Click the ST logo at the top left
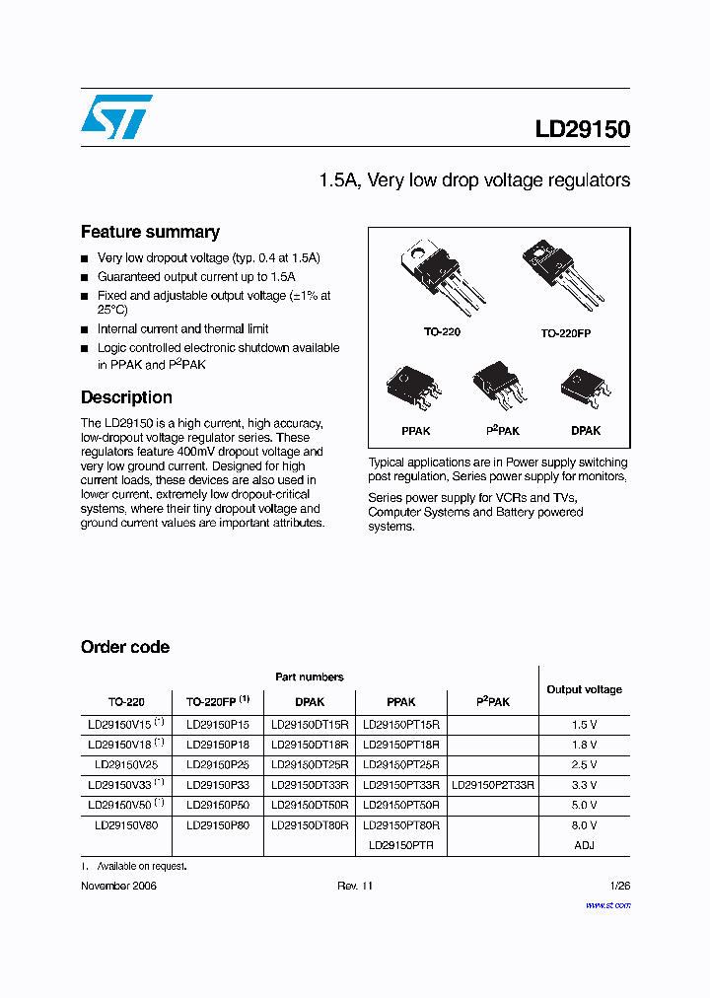pyautogui.click(x=116, y=116)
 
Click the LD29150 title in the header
pyautogui.click(x=582, y=129)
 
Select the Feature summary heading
pyautogui.click(x=150, y=232)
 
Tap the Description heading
pyautogui.click(x=126, y=397)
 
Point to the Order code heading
pyautogui.click(x=124, y=647)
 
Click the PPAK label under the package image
pyautogui.click(x=415, y=431)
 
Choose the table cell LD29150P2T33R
pyautogui.click(x=492, y=785)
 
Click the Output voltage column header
pyautogui.click(x=584, y=689)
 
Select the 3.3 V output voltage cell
pyautogui.click(x=584, y=785)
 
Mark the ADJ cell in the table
pyautogui.click(x=584, y=845)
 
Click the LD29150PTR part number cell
pyautogui.click(x=400, y=845)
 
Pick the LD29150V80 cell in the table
pyautogui.click(x=125, y=824)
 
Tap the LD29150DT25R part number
pyautogui.click(x=310, y=764)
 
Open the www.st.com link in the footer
pyautogui.click(x=607, y=904)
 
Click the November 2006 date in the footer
pyautogui.click(x=118, y=886)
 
